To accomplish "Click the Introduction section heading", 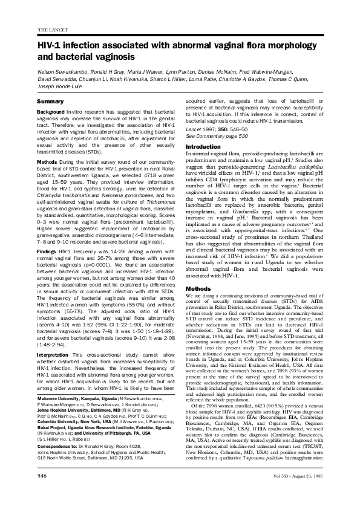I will pos(203,147).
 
